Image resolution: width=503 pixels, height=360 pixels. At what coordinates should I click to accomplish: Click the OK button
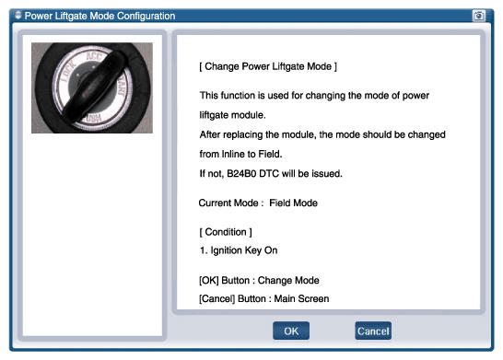[291, 331]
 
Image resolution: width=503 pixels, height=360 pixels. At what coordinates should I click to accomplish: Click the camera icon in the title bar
[479, 16]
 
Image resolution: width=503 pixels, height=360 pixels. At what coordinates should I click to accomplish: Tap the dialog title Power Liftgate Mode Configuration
[99, 16]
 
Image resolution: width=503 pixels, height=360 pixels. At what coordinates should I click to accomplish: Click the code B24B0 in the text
[241, 173]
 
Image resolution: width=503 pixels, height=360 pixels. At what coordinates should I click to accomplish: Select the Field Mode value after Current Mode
[293, 203]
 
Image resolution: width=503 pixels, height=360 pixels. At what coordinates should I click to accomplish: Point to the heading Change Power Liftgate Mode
[268, 66]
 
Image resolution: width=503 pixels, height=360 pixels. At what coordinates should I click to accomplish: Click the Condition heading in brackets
[226, 232]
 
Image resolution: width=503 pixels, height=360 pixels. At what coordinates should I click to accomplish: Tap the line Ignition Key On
[239, 250]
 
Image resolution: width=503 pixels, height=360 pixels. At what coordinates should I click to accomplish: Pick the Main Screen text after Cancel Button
[301, 298]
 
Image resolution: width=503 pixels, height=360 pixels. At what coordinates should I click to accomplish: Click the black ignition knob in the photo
[94, 87]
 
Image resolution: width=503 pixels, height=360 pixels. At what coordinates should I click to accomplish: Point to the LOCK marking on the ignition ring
[68, 71]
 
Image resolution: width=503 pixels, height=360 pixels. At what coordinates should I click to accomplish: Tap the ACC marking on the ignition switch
[94, 56]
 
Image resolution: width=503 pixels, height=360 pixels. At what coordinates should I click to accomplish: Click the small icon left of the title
[18, 15]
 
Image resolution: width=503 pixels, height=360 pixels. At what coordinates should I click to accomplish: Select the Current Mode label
[231, 203]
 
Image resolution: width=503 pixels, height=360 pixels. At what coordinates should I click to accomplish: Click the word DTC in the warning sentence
[269, 173]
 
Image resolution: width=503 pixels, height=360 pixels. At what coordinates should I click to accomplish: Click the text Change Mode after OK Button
[288, 281]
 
